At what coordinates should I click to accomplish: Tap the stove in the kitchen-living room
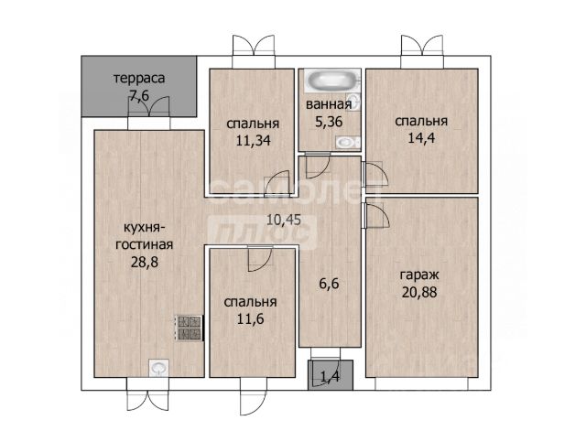(190, 328)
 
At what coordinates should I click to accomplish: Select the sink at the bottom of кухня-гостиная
(158, 368)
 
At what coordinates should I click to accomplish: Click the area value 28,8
(145, 262)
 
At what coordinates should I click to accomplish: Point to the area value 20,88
(419, 292)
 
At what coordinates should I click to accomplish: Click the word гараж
(419, 275)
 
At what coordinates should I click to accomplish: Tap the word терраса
(139, 79)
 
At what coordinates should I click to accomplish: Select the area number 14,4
(421, 138)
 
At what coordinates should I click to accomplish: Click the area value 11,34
(253, 140)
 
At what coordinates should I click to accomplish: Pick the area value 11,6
(250, 318)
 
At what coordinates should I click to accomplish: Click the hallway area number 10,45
(284, 220)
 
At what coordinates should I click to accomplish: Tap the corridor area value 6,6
(330, 284)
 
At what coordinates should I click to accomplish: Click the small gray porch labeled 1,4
(331, 375)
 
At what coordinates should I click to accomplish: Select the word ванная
(329, 104)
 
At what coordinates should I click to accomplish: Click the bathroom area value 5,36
(329, 122)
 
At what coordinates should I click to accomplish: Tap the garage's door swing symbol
(377, 216)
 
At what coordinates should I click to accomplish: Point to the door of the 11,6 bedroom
(259, 258)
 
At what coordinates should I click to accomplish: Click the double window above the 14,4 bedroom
(422, 51)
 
